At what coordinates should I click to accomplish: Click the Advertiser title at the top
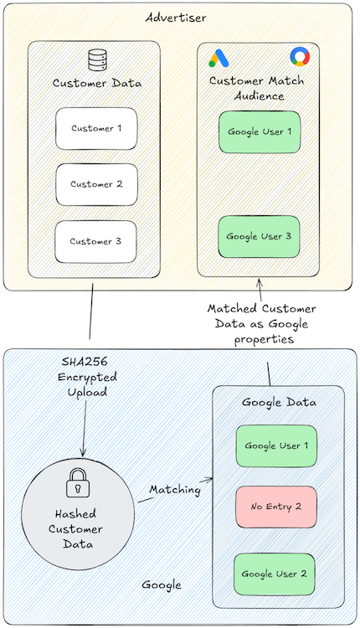pos(180,17)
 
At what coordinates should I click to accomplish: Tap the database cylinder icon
pos(96,60)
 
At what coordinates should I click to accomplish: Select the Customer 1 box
pos(96,128)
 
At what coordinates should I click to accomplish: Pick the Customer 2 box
pos(96,184)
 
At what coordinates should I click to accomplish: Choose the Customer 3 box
pos(96,241)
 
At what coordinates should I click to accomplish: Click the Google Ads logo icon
pos(219,58)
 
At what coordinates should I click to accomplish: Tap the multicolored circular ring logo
pos(299,56)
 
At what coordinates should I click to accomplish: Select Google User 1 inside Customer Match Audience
pos(259,131)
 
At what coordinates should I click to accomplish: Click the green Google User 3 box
pos(259,236)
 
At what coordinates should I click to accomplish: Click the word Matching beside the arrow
pos(174,489)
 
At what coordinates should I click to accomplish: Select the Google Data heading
pos(279,402)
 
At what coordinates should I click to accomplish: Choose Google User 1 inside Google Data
pos(276,445)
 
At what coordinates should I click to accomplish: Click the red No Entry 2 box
pos(276,507)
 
